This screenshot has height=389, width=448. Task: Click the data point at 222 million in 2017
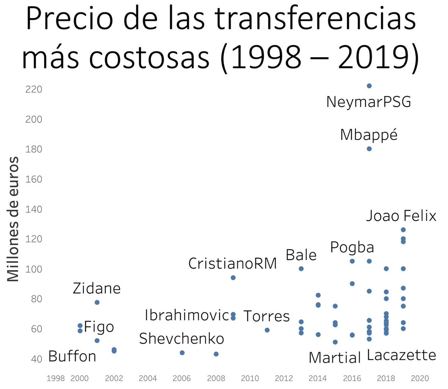pos(369,86)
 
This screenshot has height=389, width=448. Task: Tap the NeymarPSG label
pos(368,102)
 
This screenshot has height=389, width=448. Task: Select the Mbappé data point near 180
pos(369,149)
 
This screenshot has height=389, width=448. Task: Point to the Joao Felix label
pos(401,216)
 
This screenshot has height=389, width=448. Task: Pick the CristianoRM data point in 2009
pos(233,278)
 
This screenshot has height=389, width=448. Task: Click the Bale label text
pos(301,255)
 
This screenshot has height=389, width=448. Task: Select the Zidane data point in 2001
pos(97,302)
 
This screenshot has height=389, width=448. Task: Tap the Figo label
pos(99,327)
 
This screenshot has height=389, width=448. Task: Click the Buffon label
pos(72,356)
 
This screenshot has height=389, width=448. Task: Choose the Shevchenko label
pos(181,339)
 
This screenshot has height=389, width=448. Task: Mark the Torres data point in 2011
pos(267,330)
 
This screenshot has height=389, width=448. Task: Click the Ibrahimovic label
pos(187,315)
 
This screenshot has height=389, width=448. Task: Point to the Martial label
pos(335,358)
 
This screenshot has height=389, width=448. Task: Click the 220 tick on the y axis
pos(34,90)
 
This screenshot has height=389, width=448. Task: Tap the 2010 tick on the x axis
pos(250,379)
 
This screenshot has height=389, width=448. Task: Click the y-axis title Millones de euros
pos(13,219)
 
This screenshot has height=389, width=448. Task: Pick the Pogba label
pos(352,247)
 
